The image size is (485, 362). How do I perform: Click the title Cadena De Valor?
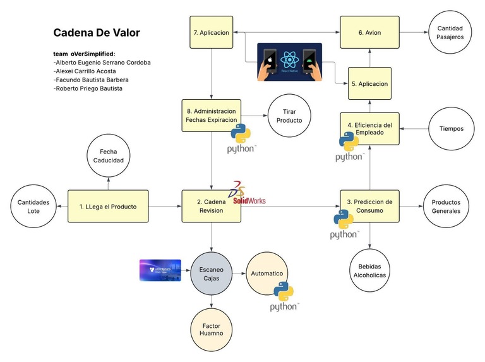click(97, 32)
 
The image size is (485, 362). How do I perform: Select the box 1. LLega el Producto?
click(108, 206)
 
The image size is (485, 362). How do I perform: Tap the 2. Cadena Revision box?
click(211, 206)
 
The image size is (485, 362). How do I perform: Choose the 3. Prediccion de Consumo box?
click(369, 206)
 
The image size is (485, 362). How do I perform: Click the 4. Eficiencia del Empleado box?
click(369, 129)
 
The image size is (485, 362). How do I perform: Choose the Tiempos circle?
click(451, 129)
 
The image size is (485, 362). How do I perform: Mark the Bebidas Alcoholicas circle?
click(369, 270)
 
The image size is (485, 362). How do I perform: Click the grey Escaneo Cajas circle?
click(211, 274)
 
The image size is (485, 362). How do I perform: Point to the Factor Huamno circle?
click(211, 329)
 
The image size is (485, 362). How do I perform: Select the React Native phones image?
click(289, 62)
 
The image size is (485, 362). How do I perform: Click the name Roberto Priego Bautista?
click(88, 89)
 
